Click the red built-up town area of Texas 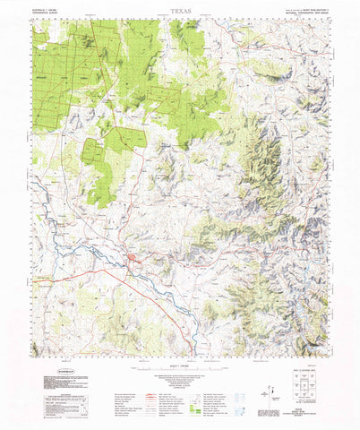click(133, 261)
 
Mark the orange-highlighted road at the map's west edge click(43, 278)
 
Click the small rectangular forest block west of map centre click(94, 151)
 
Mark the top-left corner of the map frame click(30, 20)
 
